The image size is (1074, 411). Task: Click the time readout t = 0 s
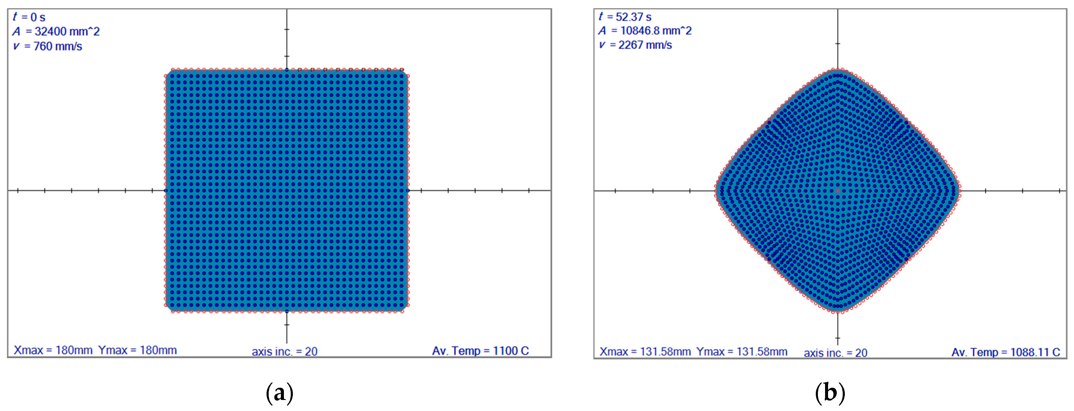pos(29,17)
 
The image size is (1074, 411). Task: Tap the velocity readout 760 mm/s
pos(48,46)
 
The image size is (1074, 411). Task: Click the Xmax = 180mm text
pos(53,350)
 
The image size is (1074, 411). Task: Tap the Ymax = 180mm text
pos(137,350)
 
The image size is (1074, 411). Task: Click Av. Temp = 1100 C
pos(480,351)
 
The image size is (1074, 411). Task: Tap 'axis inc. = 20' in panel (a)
pos(284,352)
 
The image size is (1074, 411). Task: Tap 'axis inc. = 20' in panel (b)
pos(835,353)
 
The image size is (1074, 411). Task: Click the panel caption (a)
pos(279,393)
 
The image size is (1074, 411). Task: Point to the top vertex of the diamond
pos(838,70)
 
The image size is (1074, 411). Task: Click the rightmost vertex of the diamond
pos(959,191)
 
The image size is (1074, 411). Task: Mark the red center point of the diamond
pos(838,191)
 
